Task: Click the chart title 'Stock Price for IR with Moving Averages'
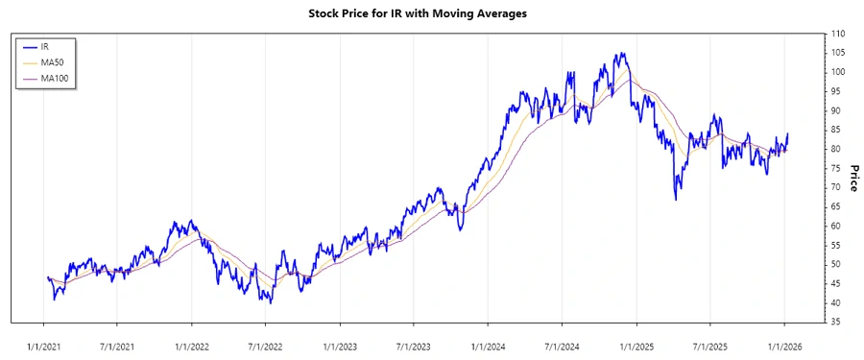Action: [418, 13]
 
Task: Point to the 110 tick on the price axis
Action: [839, 34]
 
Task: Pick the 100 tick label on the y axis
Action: [839, 72]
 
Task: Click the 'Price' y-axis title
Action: [854, 178]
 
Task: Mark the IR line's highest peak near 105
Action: [622, 53]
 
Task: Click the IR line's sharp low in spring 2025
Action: [676, 199]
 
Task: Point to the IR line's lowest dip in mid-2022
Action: [271, 302]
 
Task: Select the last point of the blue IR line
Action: [788, 134]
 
